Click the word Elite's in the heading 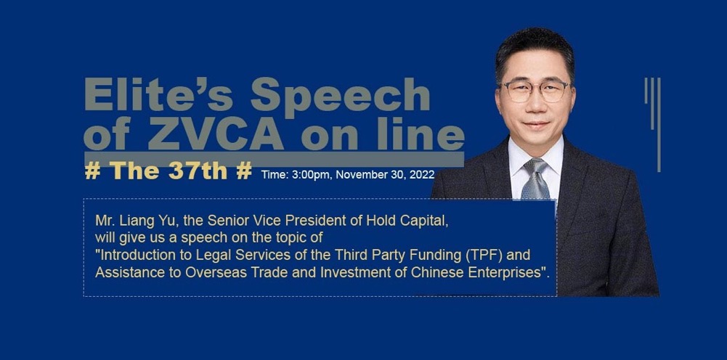pyautogui.click(x=158, y=94)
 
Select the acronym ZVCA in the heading pyautogui.click(x=216, y=135)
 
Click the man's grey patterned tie pyautogui.click(x=536, y=180)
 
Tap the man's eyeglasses pyautogui.click(x=535, y=90)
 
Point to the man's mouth pyautogui.click(x=537, y=125)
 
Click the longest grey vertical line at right pyautogui.click(x=659, y=125)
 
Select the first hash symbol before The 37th pyautogui.click(x=93, y=171)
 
